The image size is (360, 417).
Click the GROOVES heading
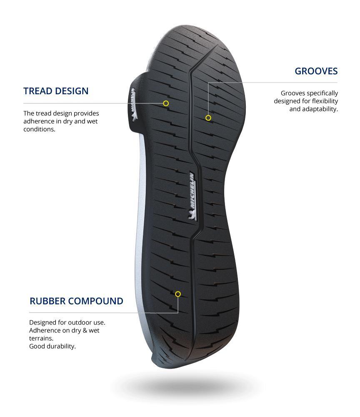pos(316,71)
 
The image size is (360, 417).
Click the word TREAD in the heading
pos(36,91)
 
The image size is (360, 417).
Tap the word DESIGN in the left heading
pos(70,91)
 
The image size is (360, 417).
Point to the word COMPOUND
pos(95,301)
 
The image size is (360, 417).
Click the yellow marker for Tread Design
pos(166,103)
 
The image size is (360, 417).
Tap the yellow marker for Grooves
pos(208,118)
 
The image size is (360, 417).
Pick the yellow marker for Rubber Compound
pos(178,294)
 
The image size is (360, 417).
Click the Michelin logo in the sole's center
pos(192,196)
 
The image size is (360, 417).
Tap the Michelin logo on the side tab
pos(133,104)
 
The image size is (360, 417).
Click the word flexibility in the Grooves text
pos(325,101)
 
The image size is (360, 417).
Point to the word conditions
pos(39,129)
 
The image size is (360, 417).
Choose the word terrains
pos(41,338)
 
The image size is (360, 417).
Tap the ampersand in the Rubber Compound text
pos(85,331)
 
